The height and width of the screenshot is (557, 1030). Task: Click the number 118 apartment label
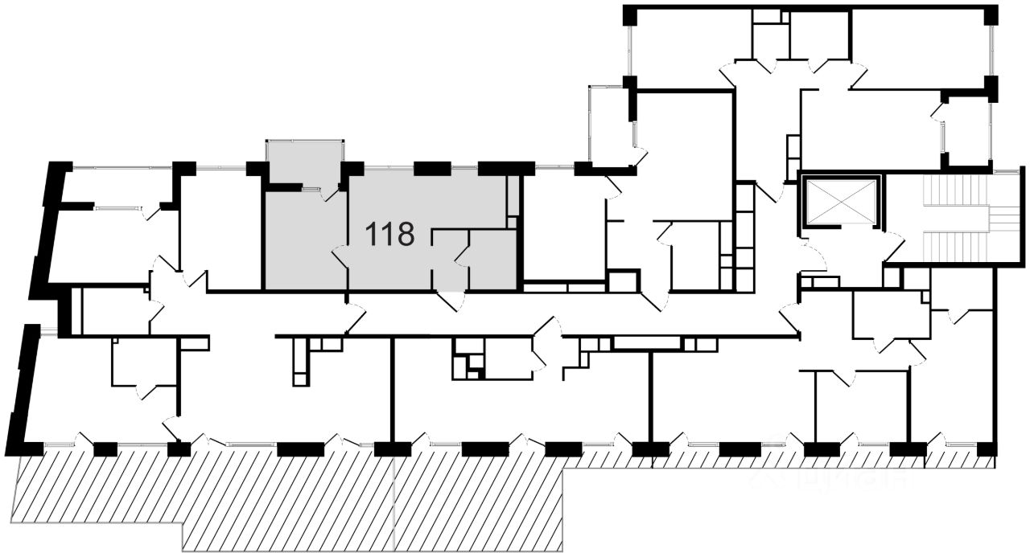click(389, 235)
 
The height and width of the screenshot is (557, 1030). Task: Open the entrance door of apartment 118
click(451, 300)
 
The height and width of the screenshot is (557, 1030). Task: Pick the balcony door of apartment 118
click(330, 193)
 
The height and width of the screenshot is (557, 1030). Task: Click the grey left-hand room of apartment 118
click(304, 241)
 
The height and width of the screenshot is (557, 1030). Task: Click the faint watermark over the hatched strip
click(829, 474)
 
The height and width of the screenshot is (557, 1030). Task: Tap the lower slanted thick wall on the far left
click(23, 386)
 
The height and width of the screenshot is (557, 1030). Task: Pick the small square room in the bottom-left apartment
click(143, 363)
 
